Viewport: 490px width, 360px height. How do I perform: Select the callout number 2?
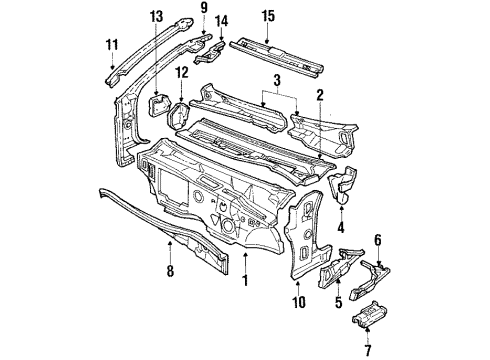[319, 95]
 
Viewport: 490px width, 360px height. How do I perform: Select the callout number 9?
[203, 10]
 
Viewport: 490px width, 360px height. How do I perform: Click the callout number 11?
[111, 44]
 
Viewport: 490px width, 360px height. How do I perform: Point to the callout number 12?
[181, 74]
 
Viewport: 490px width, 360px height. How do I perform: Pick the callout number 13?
[156, 16]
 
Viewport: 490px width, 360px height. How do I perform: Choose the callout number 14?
[222, 21]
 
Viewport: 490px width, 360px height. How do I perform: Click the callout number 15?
[267, 16]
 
